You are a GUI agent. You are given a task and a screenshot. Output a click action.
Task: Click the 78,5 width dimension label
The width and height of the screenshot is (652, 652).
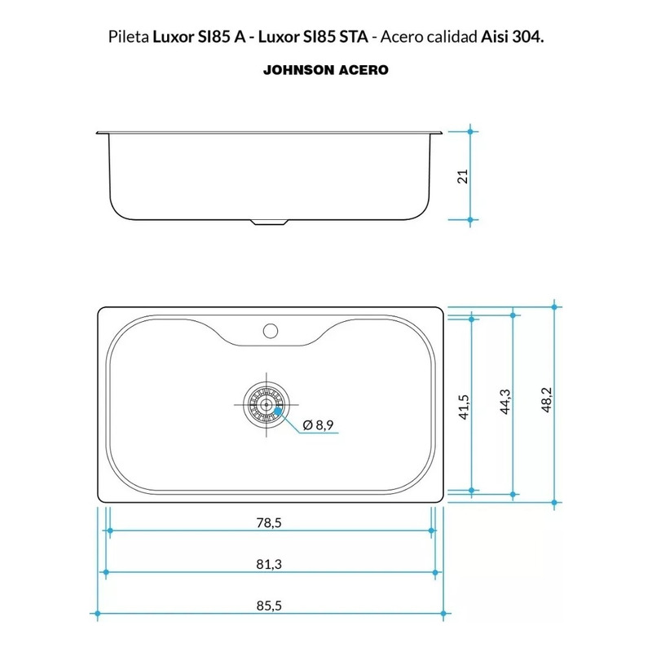(269, 522)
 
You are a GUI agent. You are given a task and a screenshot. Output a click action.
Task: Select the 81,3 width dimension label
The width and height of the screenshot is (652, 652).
(269, 564)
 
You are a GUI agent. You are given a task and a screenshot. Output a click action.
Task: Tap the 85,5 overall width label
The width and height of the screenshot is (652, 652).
(269, 606)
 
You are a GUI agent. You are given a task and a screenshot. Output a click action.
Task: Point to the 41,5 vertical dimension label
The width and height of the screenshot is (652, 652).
(464, 407)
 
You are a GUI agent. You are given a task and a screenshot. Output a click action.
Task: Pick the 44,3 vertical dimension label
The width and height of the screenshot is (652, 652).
(505, 402)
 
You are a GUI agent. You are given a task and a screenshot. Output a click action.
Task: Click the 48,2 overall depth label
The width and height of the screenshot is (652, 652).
(546, 399)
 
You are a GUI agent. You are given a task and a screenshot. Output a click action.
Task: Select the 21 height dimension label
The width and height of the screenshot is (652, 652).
(463, 176)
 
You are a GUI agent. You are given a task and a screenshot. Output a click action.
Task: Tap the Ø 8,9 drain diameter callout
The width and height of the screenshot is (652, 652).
(318, 425)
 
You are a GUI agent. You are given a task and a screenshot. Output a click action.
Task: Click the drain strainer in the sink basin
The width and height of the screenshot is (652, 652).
(267, 404)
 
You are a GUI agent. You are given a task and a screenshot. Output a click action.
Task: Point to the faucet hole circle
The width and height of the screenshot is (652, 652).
(271, 331)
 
